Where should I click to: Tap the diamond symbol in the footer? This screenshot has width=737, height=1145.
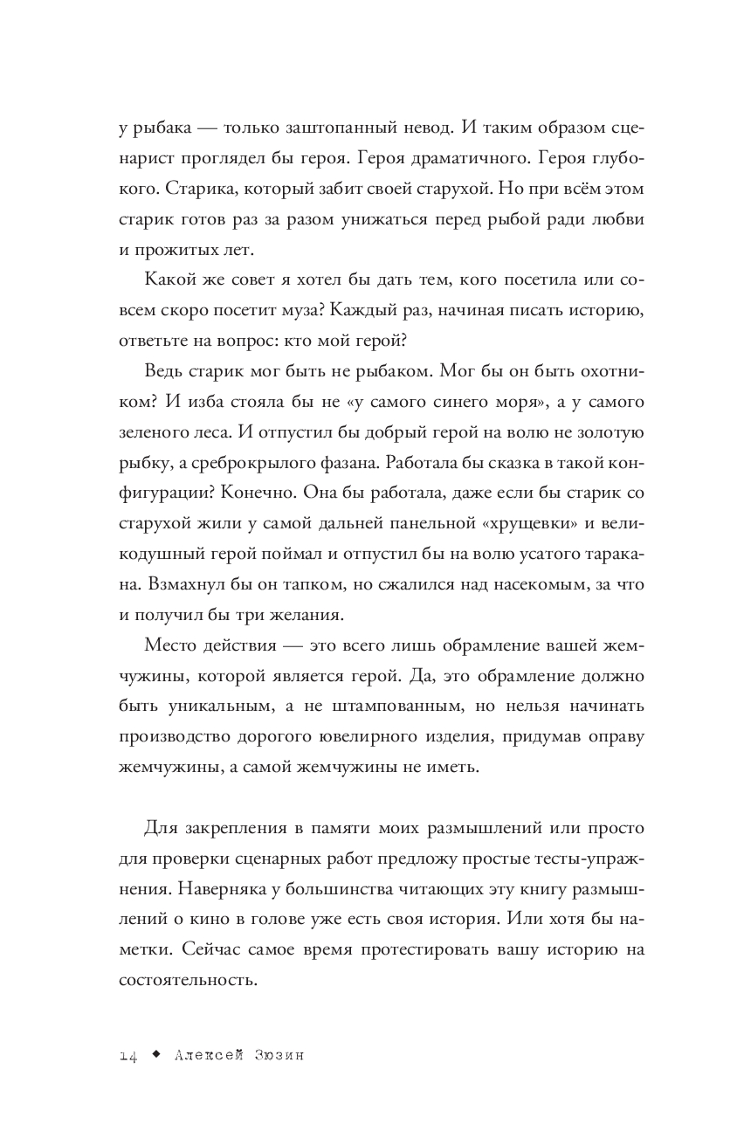point(155,1054)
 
